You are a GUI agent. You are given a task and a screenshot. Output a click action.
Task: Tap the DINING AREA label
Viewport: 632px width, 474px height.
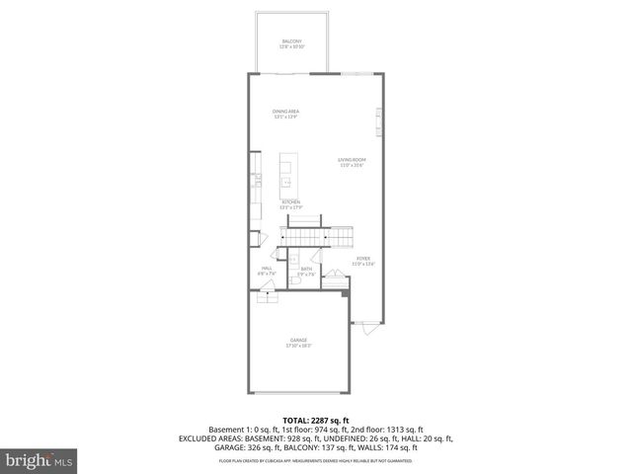tap(286, 113)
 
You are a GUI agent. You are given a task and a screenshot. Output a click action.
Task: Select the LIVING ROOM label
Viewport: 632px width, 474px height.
tap(353, 161)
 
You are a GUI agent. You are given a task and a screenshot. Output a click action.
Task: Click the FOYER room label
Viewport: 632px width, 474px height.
tap(364, 259)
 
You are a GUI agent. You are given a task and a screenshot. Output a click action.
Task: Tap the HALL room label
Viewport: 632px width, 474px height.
tap(267, 270)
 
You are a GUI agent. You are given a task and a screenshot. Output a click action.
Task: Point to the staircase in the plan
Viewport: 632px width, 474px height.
tap(316, 236)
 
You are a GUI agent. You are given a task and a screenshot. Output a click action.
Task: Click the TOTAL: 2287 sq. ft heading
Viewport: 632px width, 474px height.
tap(315, 420)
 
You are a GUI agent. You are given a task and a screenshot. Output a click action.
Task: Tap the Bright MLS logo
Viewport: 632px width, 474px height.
tap(35, 460)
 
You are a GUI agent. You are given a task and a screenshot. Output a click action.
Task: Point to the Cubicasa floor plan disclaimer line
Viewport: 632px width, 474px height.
tap(316, 461)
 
